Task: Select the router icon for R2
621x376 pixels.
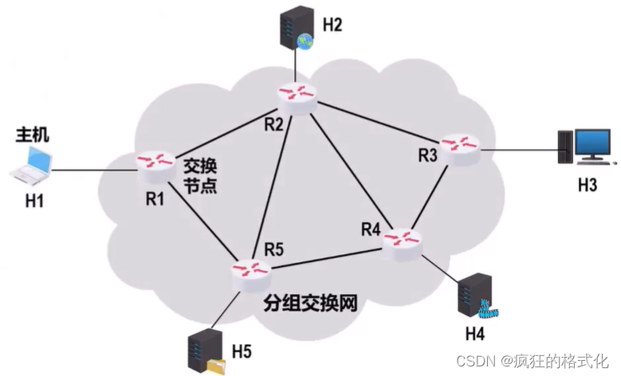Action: point(298,94)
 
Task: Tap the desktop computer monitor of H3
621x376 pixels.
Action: point(594,145)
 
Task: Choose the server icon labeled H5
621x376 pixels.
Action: point(202,351)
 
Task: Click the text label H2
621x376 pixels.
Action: point(332,25)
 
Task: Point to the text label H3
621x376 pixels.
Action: point(588,186)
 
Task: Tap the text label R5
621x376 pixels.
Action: point(274,249)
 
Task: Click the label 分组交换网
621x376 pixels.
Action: point(309,303)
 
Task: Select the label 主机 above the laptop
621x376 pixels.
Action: point(33,135)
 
